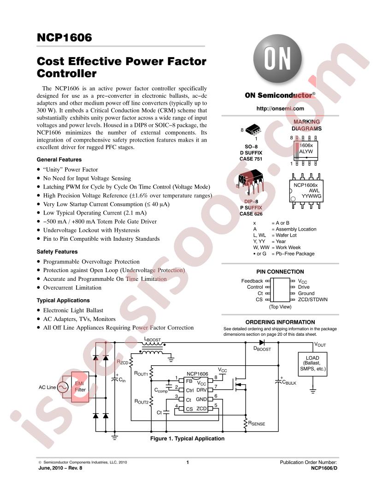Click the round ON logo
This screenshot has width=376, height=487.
click(277, 59)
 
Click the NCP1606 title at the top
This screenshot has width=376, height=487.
click(64, 37)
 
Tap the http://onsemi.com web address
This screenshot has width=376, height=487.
click(280, 108)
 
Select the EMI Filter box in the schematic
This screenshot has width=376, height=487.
click(80, 387)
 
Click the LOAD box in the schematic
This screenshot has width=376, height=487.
click(312, 364)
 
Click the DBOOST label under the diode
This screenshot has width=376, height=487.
click(262, 349)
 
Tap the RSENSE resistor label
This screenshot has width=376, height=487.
click(257, 423)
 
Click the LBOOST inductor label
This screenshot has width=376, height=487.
click(153, 339)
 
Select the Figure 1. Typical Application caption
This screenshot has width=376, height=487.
click(188, 439)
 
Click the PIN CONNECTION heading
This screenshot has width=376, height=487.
click(280, 272)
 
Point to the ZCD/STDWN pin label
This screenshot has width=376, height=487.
click(313, 299)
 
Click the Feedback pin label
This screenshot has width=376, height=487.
click(252, 281)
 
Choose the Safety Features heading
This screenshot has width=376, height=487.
click(57, 252)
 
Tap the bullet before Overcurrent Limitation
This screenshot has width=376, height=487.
click(38, 288)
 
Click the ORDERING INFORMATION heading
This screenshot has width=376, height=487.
click(280, 322)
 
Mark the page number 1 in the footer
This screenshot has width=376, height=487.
click(188, 462)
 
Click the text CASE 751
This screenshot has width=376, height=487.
click(251, 159)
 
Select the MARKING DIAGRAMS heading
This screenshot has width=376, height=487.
click(306, 125)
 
